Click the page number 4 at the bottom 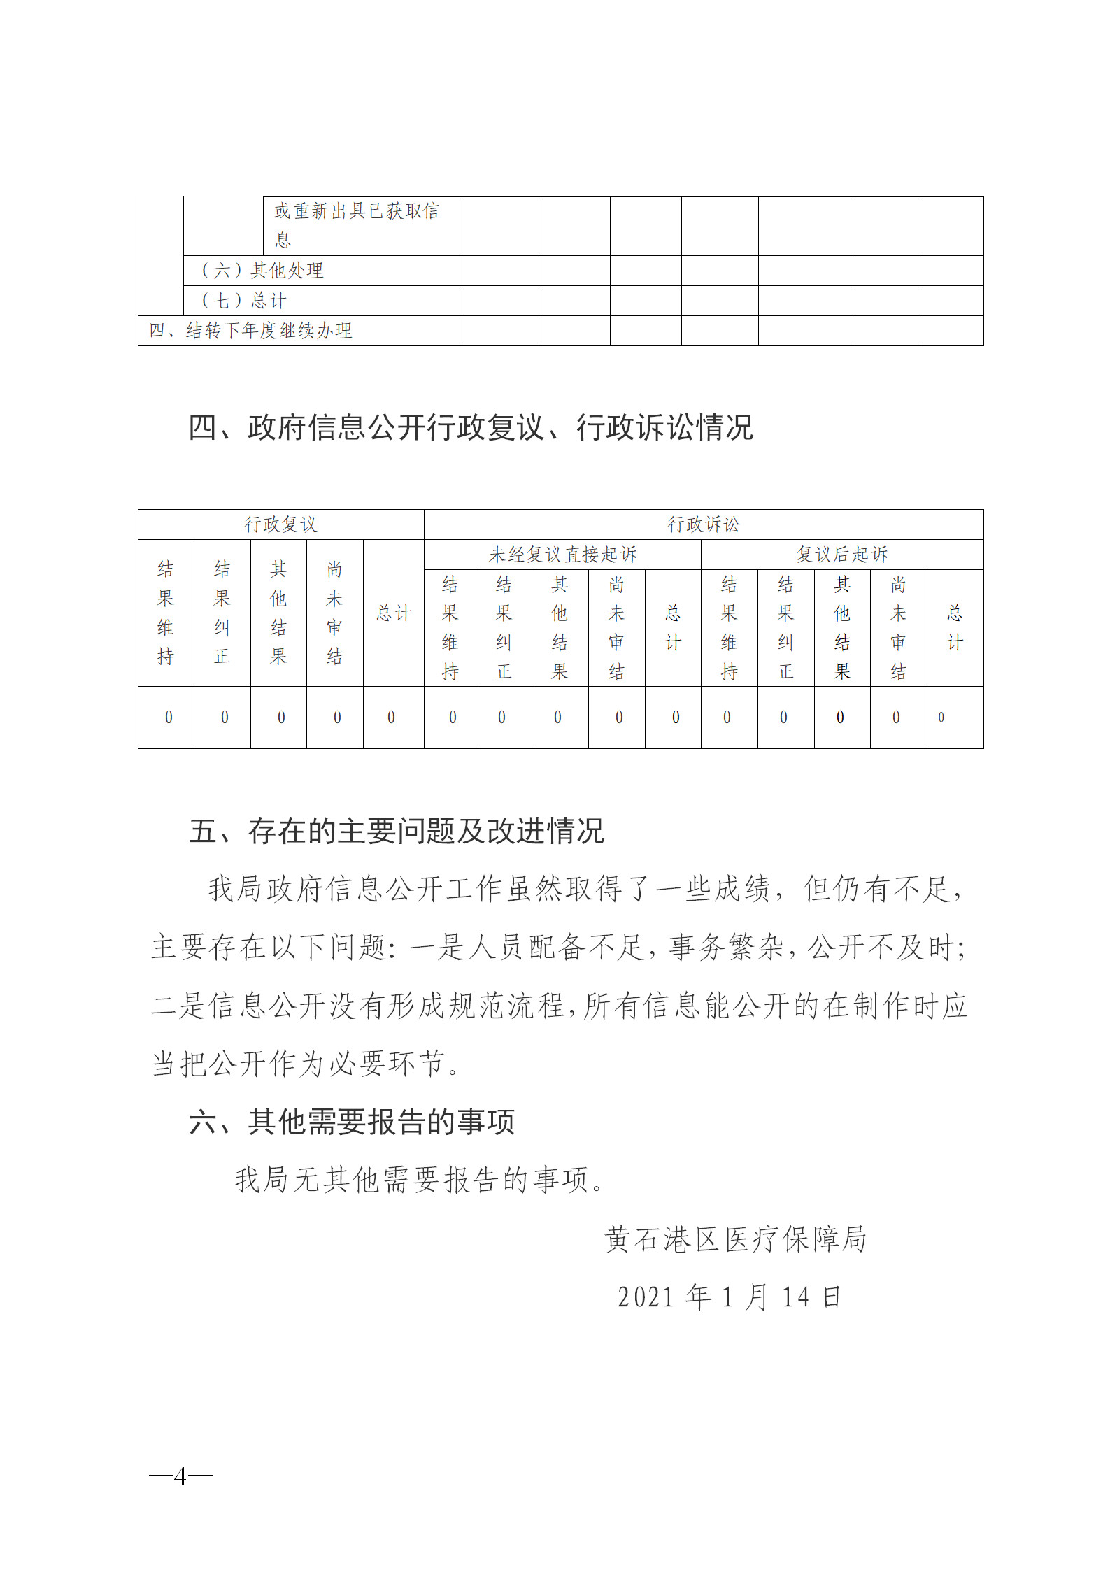[x=180, y=1476]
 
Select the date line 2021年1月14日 [x=729, y=1297]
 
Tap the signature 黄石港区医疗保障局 [x=735, y=1239]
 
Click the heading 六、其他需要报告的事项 [x=352, y=1122]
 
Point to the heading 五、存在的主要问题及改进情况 [x=397, y=831]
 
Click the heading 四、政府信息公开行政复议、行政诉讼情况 [x=471, y=427]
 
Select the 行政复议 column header [x=280, y=524]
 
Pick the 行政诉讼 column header [x=703, y=524]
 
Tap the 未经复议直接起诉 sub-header [x=562, y=555]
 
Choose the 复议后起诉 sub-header [x=842, y=555]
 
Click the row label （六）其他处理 [x=262, y=271]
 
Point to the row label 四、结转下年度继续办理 [x=250, y=331]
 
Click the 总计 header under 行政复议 [x=394, y=613]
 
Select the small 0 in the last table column [x=941, y=718]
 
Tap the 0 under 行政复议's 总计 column [x=391, y=718]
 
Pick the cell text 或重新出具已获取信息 [x=356, y=224]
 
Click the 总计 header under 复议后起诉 [x=955, y=628]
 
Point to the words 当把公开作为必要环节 [x=306, y=1064]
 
